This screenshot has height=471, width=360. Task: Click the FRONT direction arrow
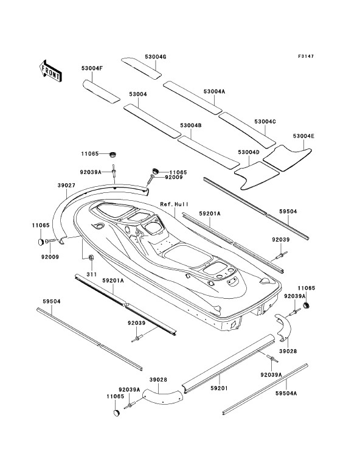[x=50, y=71]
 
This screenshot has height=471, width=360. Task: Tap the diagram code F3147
[x=306, y=56]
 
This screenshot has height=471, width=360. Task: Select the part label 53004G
[x=156, y=57]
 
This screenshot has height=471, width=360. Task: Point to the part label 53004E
[x=303, y=136]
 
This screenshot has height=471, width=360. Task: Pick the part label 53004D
[x=249, y=152]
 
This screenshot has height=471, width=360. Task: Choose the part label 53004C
[x=265, y=121]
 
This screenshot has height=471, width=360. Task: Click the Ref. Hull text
[x=175, y=204]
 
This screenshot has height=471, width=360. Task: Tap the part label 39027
[x=66, y=186]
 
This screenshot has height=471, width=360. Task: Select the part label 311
[x=92, y=274]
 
